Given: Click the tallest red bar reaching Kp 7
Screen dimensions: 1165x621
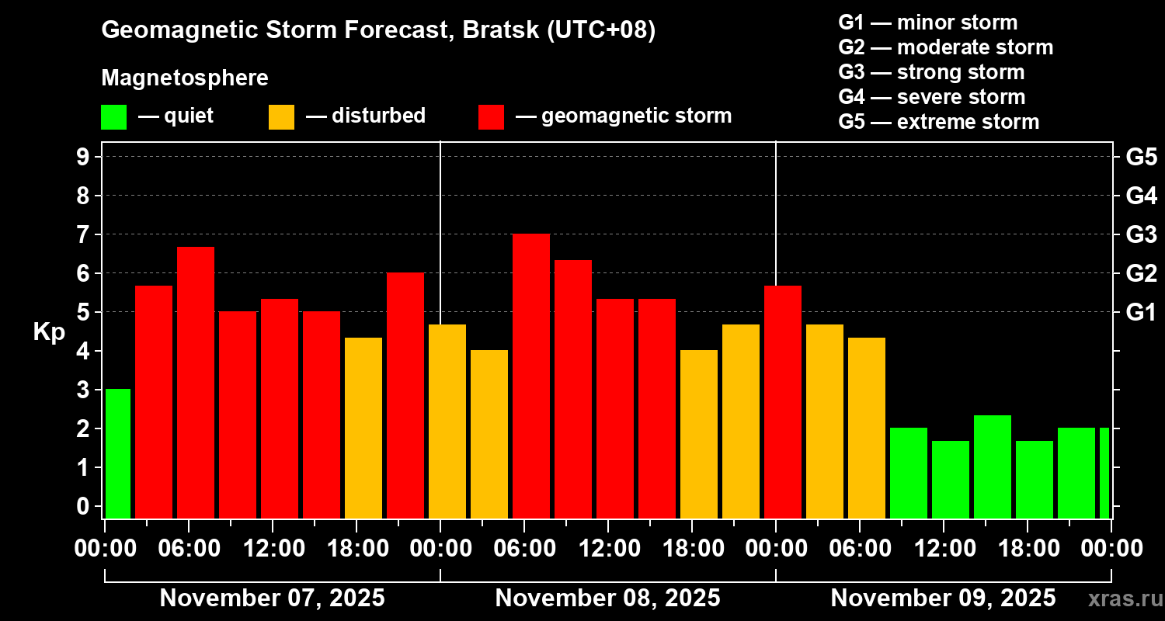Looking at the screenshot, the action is [531, 376].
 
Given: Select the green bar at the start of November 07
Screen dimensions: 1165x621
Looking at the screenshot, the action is [118, 453].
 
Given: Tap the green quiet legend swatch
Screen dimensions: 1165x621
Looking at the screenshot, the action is [114, 117].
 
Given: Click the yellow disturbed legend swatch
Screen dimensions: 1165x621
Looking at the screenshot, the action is [281, 117].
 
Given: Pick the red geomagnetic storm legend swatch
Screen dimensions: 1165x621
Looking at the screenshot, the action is [491, 117].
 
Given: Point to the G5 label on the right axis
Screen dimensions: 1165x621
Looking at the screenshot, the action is [1142, 157].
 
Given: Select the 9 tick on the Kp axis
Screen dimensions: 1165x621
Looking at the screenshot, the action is [83, 157].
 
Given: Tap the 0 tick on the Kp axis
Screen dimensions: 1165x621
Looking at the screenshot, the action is [83, 506].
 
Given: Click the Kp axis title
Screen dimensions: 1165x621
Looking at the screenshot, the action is [50, 331].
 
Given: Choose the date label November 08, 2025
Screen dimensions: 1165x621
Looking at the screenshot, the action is [607, 598].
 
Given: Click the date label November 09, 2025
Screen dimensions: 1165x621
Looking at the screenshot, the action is [943, 598].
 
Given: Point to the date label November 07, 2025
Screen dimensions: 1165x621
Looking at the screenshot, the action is [272, 598].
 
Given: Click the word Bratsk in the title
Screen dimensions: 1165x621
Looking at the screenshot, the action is [500, 29].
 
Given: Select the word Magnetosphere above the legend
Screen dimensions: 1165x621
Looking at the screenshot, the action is [185, 78].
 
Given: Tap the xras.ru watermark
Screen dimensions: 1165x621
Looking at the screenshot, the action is [1125, 599].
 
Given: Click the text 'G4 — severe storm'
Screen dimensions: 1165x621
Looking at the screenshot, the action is [931, 97].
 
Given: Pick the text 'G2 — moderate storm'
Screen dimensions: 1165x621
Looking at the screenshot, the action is [945, 48].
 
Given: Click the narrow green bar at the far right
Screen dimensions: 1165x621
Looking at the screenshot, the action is [1104, 473].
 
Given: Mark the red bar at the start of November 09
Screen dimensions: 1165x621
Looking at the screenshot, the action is [783, 401].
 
